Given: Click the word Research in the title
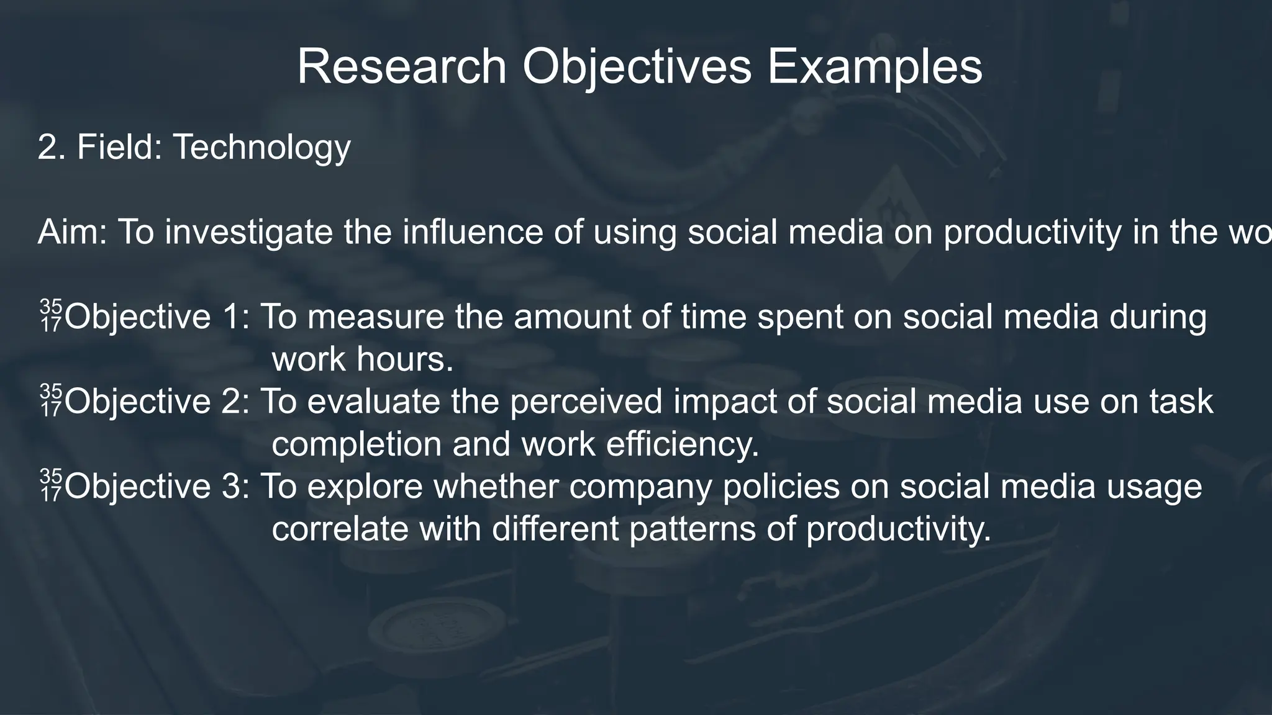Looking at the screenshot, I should coord(402,67).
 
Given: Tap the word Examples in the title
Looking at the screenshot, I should coord(874,67).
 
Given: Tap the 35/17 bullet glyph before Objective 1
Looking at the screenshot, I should coord(51,316).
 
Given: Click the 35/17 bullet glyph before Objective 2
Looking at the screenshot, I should coord(51,401).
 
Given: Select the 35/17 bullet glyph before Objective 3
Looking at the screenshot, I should coord(51,486).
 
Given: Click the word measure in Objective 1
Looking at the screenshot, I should coord(375,317).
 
